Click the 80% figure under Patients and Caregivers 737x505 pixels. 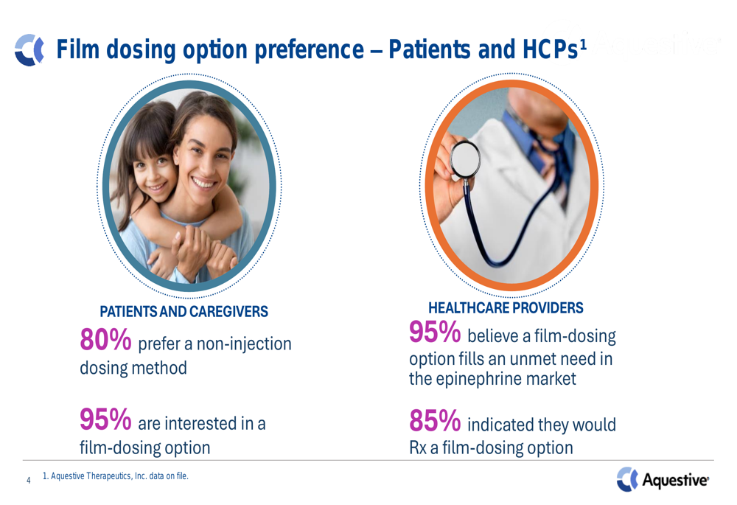(x=105, y=339)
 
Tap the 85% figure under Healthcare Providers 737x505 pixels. (x=435, y=420)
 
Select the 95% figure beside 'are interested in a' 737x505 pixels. (x=105, y=419)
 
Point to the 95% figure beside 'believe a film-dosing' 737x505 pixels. (x=435, y=332)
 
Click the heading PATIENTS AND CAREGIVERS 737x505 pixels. (x=184, y=311)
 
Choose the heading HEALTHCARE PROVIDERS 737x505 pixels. (x=506, y=308)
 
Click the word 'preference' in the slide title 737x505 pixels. (x=309, y=50)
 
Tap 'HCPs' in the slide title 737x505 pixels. (x=551, y=49)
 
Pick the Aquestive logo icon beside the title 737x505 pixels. (x=29, y=49)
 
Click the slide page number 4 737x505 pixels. (x=29, y=480)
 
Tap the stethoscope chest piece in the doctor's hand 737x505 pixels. (x=465, y=159)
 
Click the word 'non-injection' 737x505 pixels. (x=244, y=344)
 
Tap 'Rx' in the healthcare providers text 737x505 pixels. (x=418, y=447)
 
